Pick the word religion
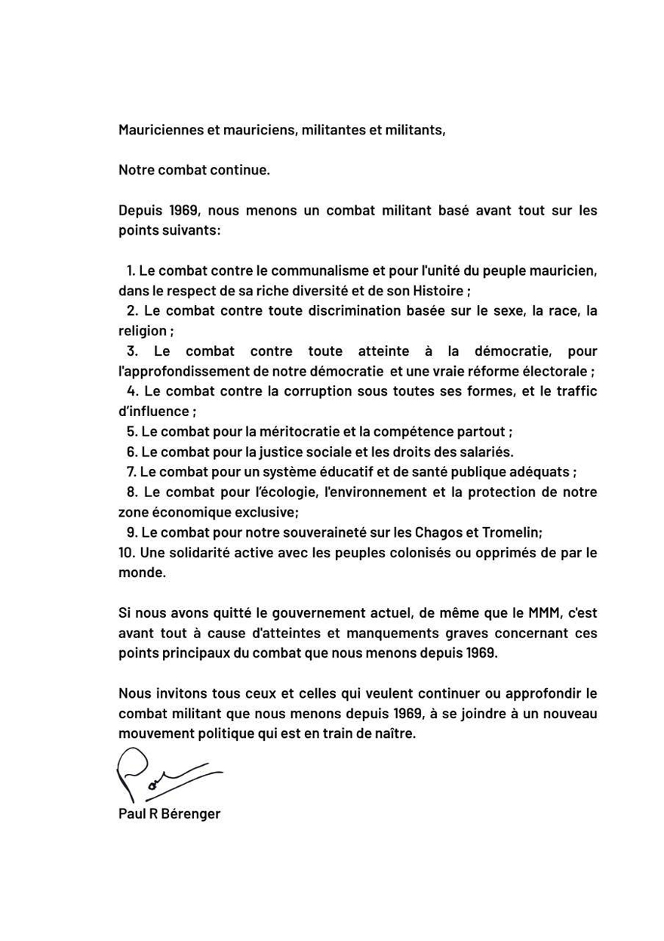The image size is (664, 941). click(142, 331)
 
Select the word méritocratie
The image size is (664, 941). click(299, 432)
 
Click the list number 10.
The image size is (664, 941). click(126, 553)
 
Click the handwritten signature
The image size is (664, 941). click(168, 775)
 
